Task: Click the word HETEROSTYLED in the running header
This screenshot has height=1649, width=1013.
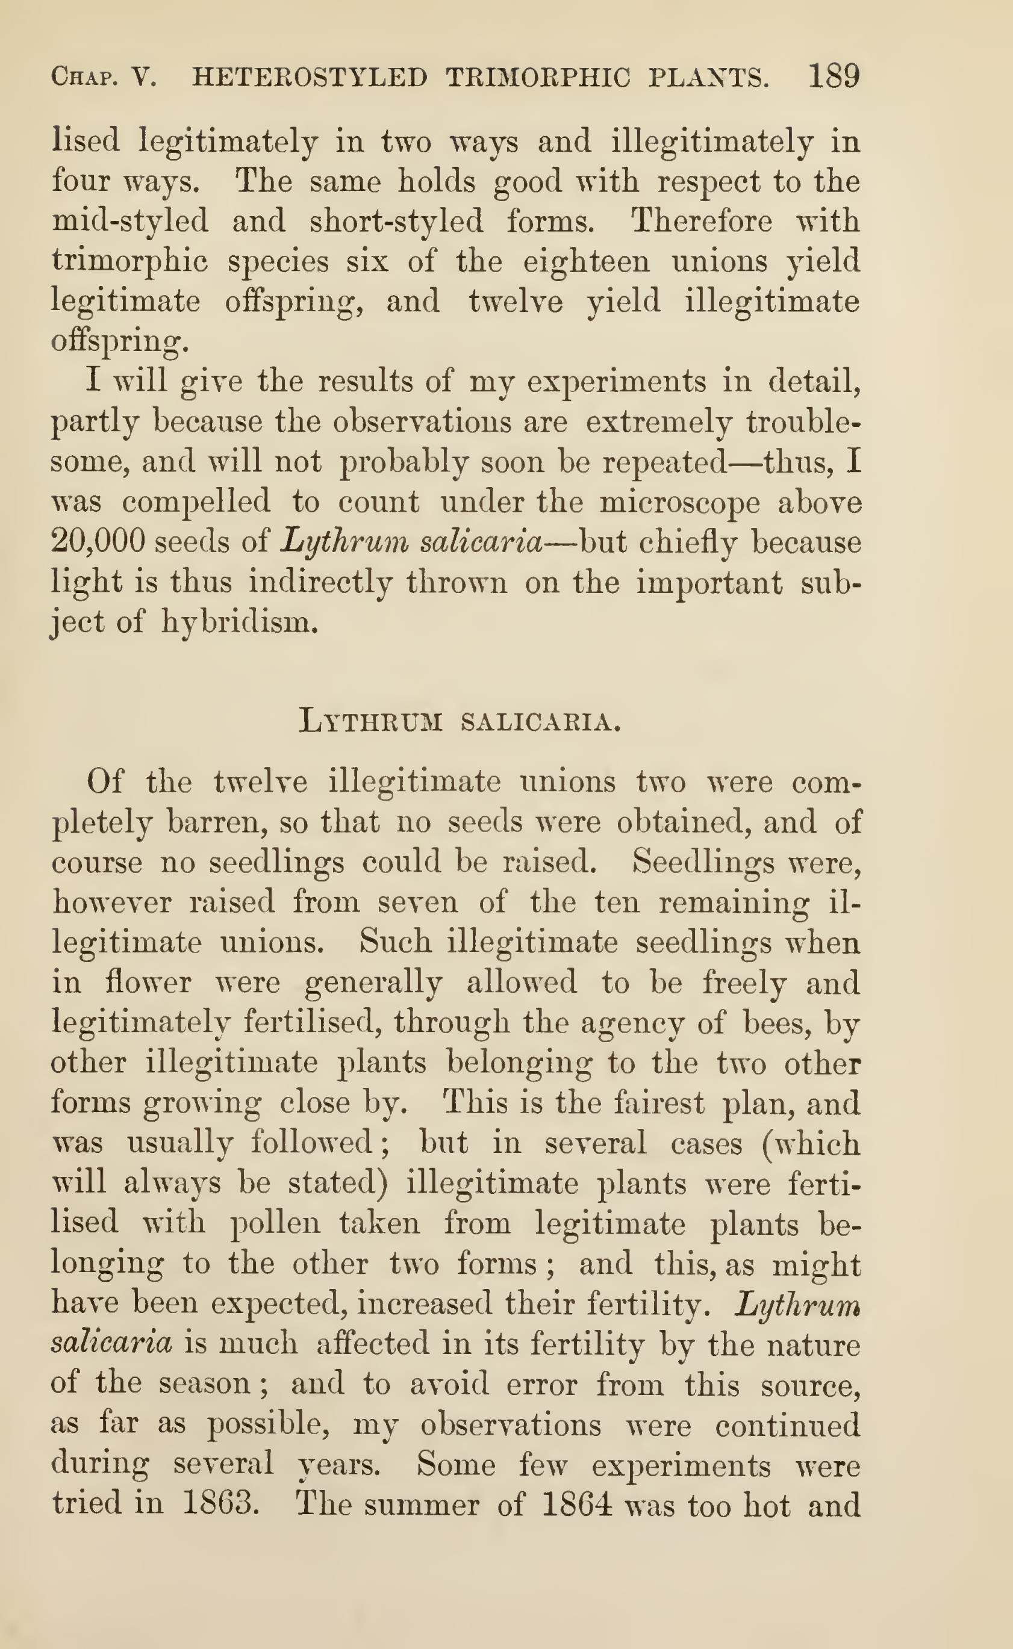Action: point(310,78)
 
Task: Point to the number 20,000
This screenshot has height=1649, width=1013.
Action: point(98,542)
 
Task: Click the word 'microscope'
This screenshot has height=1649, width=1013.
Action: point(679,503)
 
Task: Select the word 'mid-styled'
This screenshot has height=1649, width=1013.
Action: point(131,222)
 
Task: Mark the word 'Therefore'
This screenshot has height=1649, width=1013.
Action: point(702,220)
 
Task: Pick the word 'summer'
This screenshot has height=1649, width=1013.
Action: point(422,1505)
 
